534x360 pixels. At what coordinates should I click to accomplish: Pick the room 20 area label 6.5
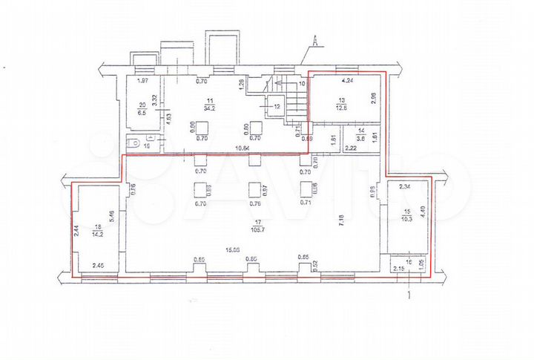pyautogui.click(x=141, y=113)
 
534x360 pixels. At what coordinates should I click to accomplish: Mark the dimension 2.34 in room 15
pyautogui.click(x=404, y=188)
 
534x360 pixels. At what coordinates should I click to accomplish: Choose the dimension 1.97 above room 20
pyautogui.click(x=144, y=81)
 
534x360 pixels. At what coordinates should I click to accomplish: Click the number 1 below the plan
pyautogui.click(x=410, y=294)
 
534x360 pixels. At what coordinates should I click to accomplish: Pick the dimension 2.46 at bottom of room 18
pyautogui.click(x=99, y=264)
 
